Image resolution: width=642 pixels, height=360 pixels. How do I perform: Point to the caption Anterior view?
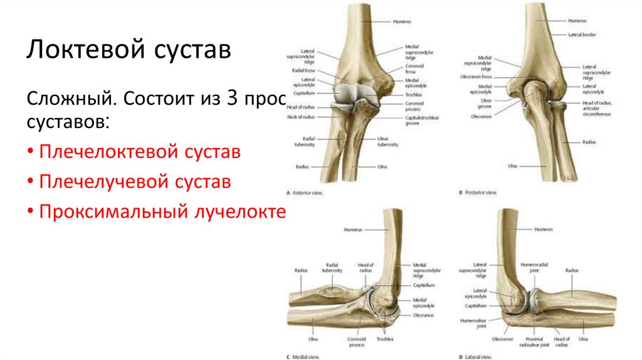pyautogui.click(x=308, y=192)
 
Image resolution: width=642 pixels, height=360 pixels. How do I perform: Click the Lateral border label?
pyautogui.click(x=581, y=34)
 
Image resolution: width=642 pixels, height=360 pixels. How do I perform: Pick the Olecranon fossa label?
pyautogui.click(x=478, y=77)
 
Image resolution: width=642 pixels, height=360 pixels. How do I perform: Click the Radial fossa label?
pyautogui.click(x=303, y=71)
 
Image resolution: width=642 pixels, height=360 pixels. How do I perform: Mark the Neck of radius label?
pyautogui.click(x=300, y=117)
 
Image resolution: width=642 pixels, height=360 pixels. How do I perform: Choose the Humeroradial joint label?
pyautogui.click(x=535, y=268)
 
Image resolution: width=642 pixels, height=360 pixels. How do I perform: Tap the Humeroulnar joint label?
pyautogui.click(x=473, y=322)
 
